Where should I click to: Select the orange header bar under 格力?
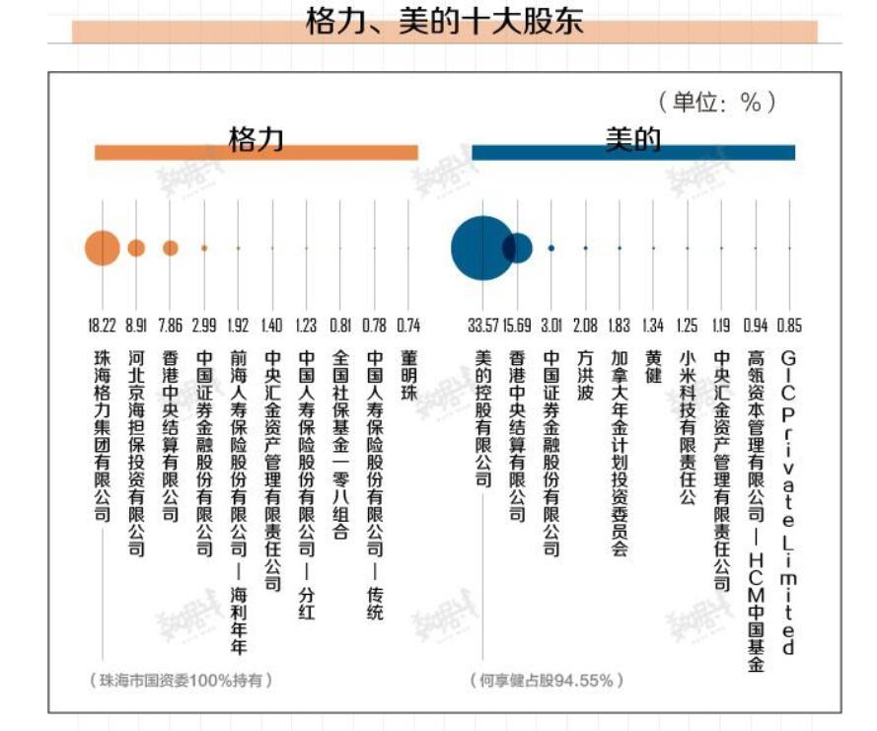pos(256,153)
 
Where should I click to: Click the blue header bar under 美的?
pos(633,153)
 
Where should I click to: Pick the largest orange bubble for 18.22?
pos(103,248)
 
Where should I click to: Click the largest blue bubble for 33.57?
pos(480,248)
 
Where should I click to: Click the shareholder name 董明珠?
pos(408,376)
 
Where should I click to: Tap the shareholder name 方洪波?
pos(586,376)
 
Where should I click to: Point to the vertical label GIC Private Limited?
pos(788,502)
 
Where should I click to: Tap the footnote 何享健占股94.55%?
pos(548,680)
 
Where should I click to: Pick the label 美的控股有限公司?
pos(482,418)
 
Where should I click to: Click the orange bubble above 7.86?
pos(171,248)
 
